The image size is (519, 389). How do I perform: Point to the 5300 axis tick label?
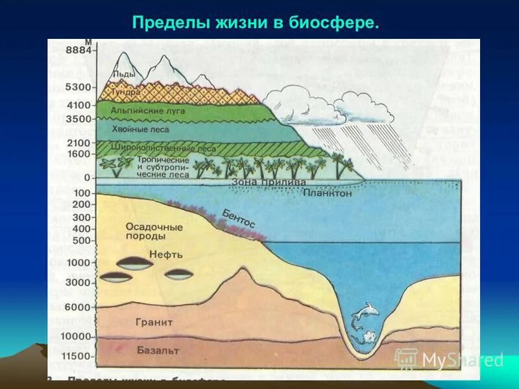pos(80,87)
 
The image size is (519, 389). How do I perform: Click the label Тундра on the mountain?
pos(125,93)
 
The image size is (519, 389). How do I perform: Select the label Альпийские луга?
pos(148,111)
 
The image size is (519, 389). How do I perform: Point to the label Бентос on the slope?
pos(239,217)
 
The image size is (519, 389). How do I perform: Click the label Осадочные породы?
pos(154,232)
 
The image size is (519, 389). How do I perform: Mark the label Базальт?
pos(158,351)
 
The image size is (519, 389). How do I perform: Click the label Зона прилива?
pos(268,183)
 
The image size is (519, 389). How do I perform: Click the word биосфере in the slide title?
pos(337,23)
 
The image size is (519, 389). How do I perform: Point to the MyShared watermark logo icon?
pos(406,359)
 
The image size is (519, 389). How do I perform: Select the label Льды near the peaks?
pos(124,75)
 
